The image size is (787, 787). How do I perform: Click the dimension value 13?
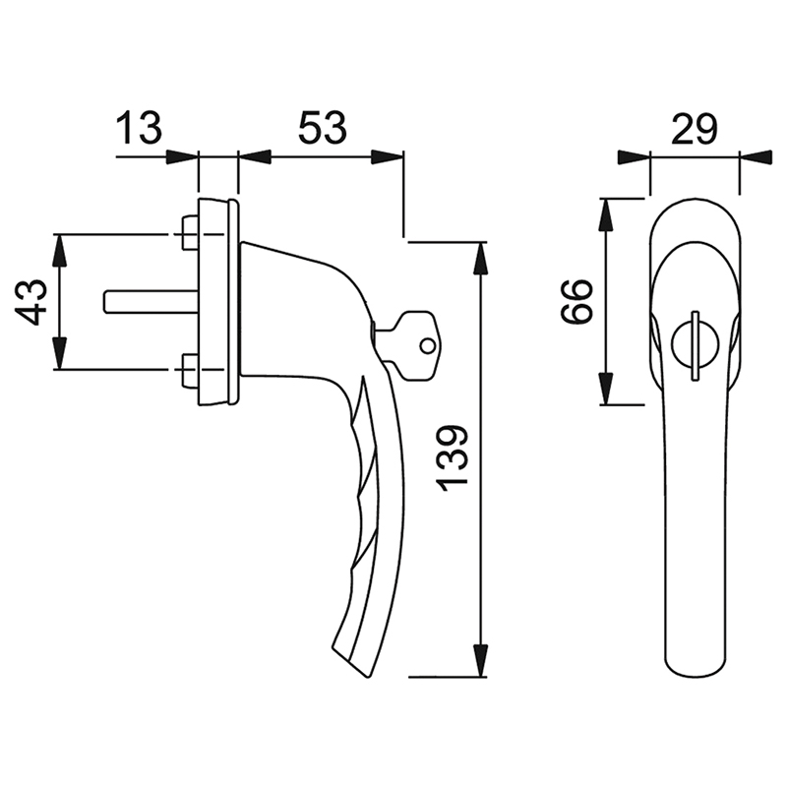pos(140,128)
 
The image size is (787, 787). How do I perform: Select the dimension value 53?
pos(323,128)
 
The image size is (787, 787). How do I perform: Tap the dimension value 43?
pos(30,302)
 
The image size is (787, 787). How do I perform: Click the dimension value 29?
pos(695,129)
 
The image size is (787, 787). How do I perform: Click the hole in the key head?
pos(428,345)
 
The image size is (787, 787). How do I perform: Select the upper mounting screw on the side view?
pos(189,233)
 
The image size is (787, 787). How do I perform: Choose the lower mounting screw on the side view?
pos(189,371)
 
